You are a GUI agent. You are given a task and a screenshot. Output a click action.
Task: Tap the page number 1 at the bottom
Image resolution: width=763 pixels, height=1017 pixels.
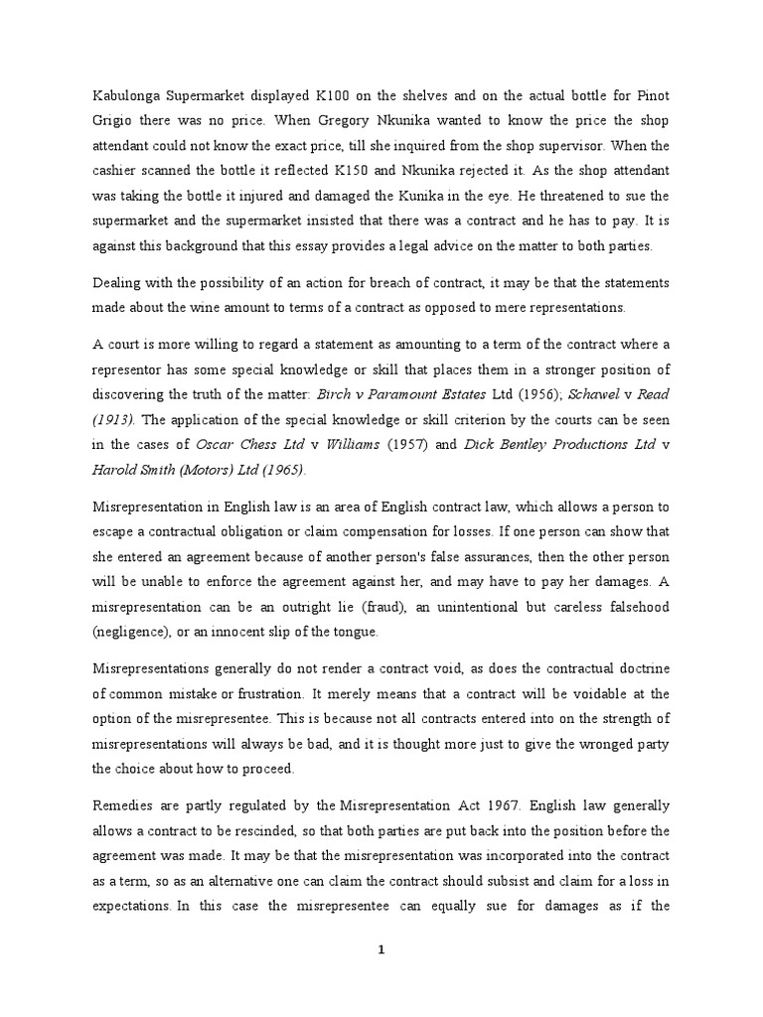tap(381, 950)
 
